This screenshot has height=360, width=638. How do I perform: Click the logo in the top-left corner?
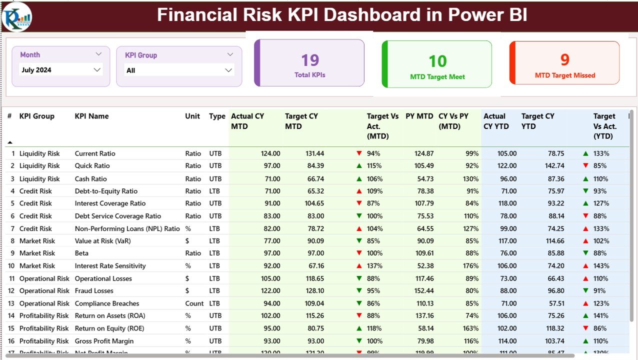tap(16, 16)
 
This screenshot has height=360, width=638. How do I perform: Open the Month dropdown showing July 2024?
tap(97, 70)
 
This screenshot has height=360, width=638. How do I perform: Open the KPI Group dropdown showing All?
tap(228, 70)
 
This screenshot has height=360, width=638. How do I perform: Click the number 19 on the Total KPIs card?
tap(310, 60)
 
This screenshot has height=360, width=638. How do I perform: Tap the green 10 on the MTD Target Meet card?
tap(437, 61)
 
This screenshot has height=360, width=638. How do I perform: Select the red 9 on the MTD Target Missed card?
tap(564, 60)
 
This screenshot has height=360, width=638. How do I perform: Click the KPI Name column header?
tap(91, 116)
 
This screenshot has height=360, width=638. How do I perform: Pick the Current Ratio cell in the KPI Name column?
tap(95, 153)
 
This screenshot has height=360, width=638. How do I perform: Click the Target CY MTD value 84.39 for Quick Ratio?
tap(314, 165)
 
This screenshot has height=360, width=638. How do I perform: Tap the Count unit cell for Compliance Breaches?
tap(194, 303)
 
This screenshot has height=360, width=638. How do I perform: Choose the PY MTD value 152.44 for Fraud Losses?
tap(424, 291)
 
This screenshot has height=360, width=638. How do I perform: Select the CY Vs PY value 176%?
tap(470, 266)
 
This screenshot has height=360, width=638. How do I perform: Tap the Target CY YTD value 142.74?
tap(554, 165)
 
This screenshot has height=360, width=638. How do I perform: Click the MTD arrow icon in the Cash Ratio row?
tap(359, 178)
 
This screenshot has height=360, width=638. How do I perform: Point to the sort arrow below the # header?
tap(10, 142)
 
